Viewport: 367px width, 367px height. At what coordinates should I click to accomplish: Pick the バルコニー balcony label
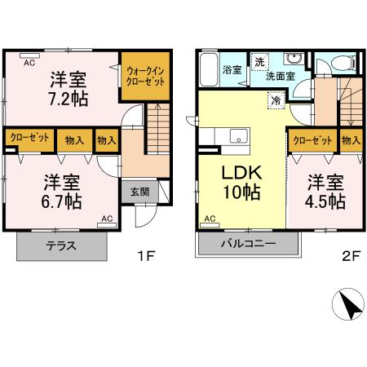248,243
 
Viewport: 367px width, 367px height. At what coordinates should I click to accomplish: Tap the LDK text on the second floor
241,173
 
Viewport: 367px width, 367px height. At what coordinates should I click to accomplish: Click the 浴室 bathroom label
232,71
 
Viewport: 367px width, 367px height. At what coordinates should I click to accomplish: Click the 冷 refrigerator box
277,101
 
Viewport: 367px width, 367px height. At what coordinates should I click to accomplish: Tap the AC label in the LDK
210,219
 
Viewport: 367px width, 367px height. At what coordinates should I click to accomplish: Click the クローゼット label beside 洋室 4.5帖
312,139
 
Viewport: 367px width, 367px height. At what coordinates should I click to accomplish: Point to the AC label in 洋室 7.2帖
28,63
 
